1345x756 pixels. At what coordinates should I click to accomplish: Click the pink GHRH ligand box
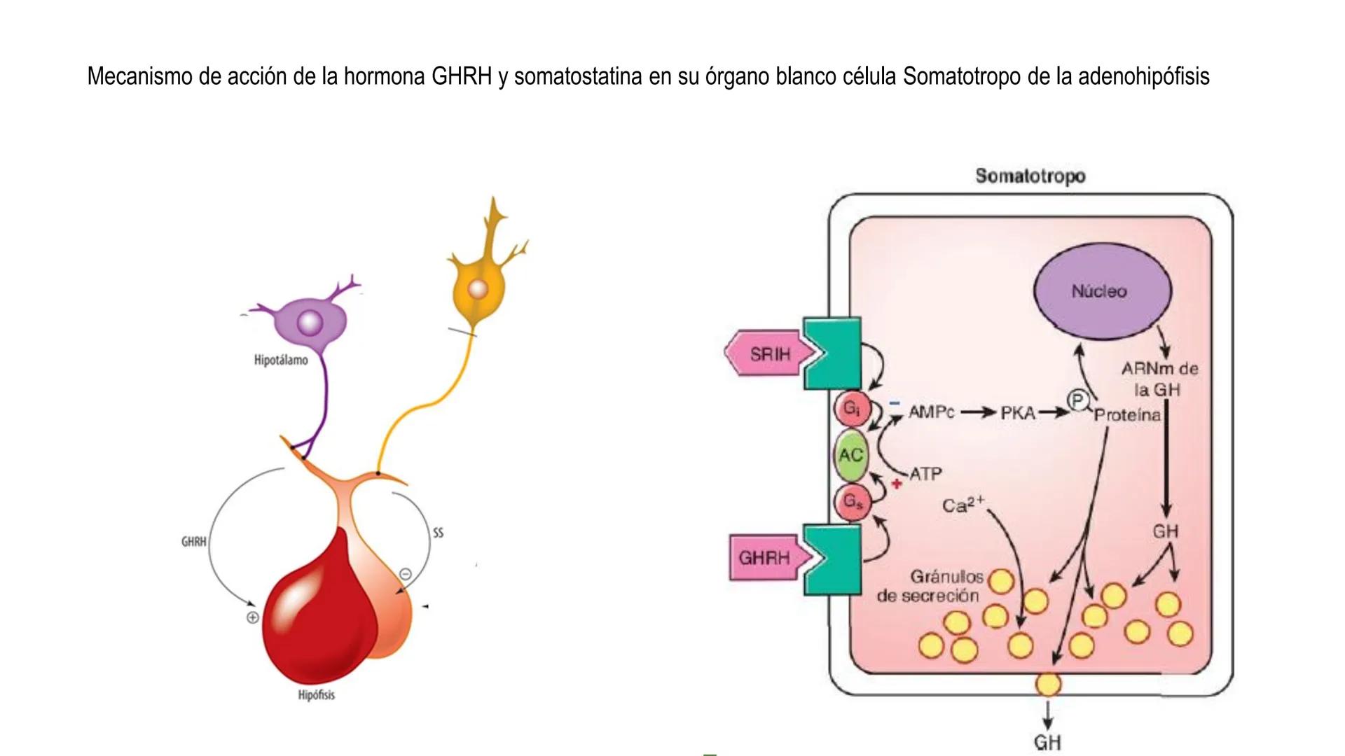coord(764,558)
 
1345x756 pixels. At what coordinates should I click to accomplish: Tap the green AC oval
coord(850,455)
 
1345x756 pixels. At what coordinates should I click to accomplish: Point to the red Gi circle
coord(852,408)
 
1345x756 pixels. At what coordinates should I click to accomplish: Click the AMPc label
coord(931,412)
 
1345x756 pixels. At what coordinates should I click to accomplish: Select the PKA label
coord(1018,413)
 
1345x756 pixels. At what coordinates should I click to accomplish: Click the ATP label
coord(925,474)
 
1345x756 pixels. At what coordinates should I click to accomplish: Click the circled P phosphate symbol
coord(1078,400)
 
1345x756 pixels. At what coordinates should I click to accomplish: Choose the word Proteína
coord(1127,415)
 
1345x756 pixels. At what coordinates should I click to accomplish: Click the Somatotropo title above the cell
coord(1030,176)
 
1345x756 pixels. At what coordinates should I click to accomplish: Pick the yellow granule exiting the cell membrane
coord(1048,684)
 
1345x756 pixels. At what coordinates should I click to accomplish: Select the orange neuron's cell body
coord(478,289)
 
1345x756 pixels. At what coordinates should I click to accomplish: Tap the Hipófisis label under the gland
coord(316,695)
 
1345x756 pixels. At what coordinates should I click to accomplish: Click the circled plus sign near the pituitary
coord(253,617)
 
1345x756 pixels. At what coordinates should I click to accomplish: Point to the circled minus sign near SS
coord(405,575)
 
